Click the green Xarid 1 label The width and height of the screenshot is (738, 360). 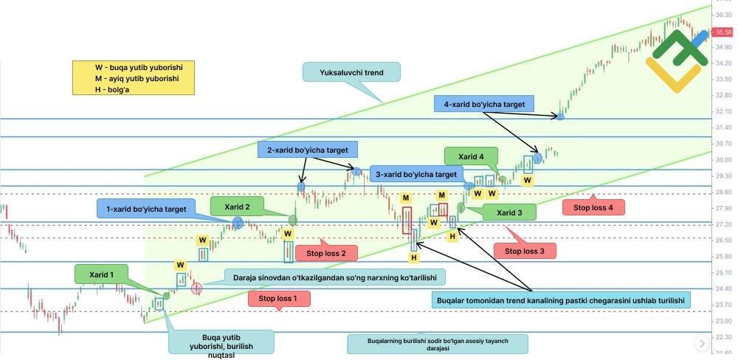point(102,274)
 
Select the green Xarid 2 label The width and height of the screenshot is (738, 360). point(237,207)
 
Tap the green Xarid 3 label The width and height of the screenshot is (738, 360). point(509,213)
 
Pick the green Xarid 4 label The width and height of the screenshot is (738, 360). point(471,156)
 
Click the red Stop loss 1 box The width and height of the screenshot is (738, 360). point(278,299)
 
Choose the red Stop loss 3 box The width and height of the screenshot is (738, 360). point(525,251)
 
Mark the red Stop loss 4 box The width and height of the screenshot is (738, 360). point(593,207)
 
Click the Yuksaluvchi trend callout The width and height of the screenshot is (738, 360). point(351,73)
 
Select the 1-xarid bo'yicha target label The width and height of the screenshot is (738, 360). point(146,209)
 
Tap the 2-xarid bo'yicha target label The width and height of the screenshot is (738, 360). point(308,150)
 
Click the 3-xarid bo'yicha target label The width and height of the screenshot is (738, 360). point(415,175)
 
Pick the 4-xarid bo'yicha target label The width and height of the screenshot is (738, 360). point(484,105)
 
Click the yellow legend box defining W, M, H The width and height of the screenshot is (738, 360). point(133,77)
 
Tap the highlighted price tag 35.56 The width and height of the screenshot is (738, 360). point(723,32)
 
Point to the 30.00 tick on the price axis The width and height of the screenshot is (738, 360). point(723,159)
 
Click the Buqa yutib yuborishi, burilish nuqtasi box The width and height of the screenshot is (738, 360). point(221,342)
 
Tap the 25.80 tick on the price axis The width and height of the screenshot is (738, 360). point(723,256)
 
